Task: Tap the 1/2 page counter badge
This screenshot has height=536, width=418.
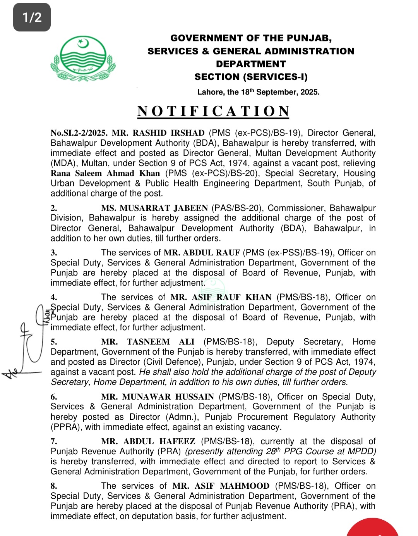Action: point(32,17)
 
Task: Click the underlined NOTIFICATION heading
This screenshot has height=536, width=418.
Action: point(213,111)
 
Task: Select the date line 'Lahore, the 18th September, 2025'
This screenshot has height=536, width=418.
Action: point(258,92)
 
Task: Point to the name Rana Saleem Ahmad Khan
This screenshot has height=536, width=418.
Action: point(105,173)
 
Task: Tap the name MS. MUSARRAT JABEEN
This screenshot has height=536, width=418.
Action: point(155,208)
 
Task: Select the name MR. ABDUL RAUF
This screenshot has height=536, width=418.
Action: point(202,253)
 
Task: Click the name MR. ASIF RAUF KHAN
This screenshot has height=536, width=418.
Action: point(221,297)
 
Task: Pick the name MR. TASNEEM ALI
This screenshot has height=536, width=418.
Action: point(148,342)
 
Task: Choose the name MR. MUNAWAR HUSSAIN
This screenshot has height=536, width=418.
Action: point(158,397)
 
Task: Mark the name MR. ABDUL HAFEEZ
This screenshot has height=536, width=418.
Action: point(148,441)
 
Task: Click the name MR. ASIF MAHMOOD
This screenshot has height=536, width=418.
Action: point(221,486)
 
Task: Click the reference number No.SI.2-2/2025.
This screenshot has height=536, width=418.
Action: point(79,133)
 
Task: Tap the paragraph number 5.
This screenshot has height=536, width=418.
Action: point(54,342)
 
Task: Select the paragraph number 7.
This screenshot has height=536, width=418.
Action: point(54,441)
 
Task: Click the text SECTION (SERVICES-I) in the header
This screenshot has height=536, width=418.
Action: point(251,77)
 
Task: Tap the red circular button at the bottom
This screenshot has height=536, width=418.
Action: point(372,529)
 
